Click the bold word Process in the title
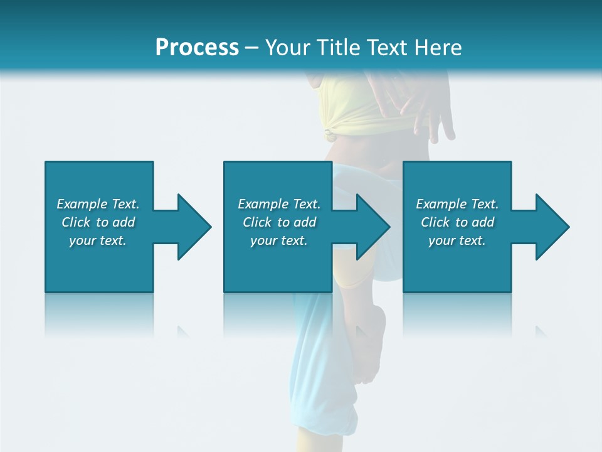coord(197,47)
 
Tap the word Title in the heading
coord(336,47)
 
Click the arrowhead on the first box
coord(194,227)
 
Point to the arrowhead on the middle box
coord(373,227)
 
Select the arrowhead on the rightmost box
coord(552,227)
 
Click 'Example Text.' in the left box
coord(98,204)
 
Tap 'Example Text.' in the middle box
coord(279,204)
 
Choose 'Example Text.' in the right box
coord(457,204)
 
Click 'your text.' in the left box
coord(98,241)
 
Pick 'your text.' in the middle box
coord(279,241)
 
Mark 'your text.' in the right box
coord(457,241)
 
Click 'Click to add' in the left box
coord(98,222)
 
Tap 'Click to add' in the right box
coord(457,222)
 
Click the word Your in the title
coord(287,47)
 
